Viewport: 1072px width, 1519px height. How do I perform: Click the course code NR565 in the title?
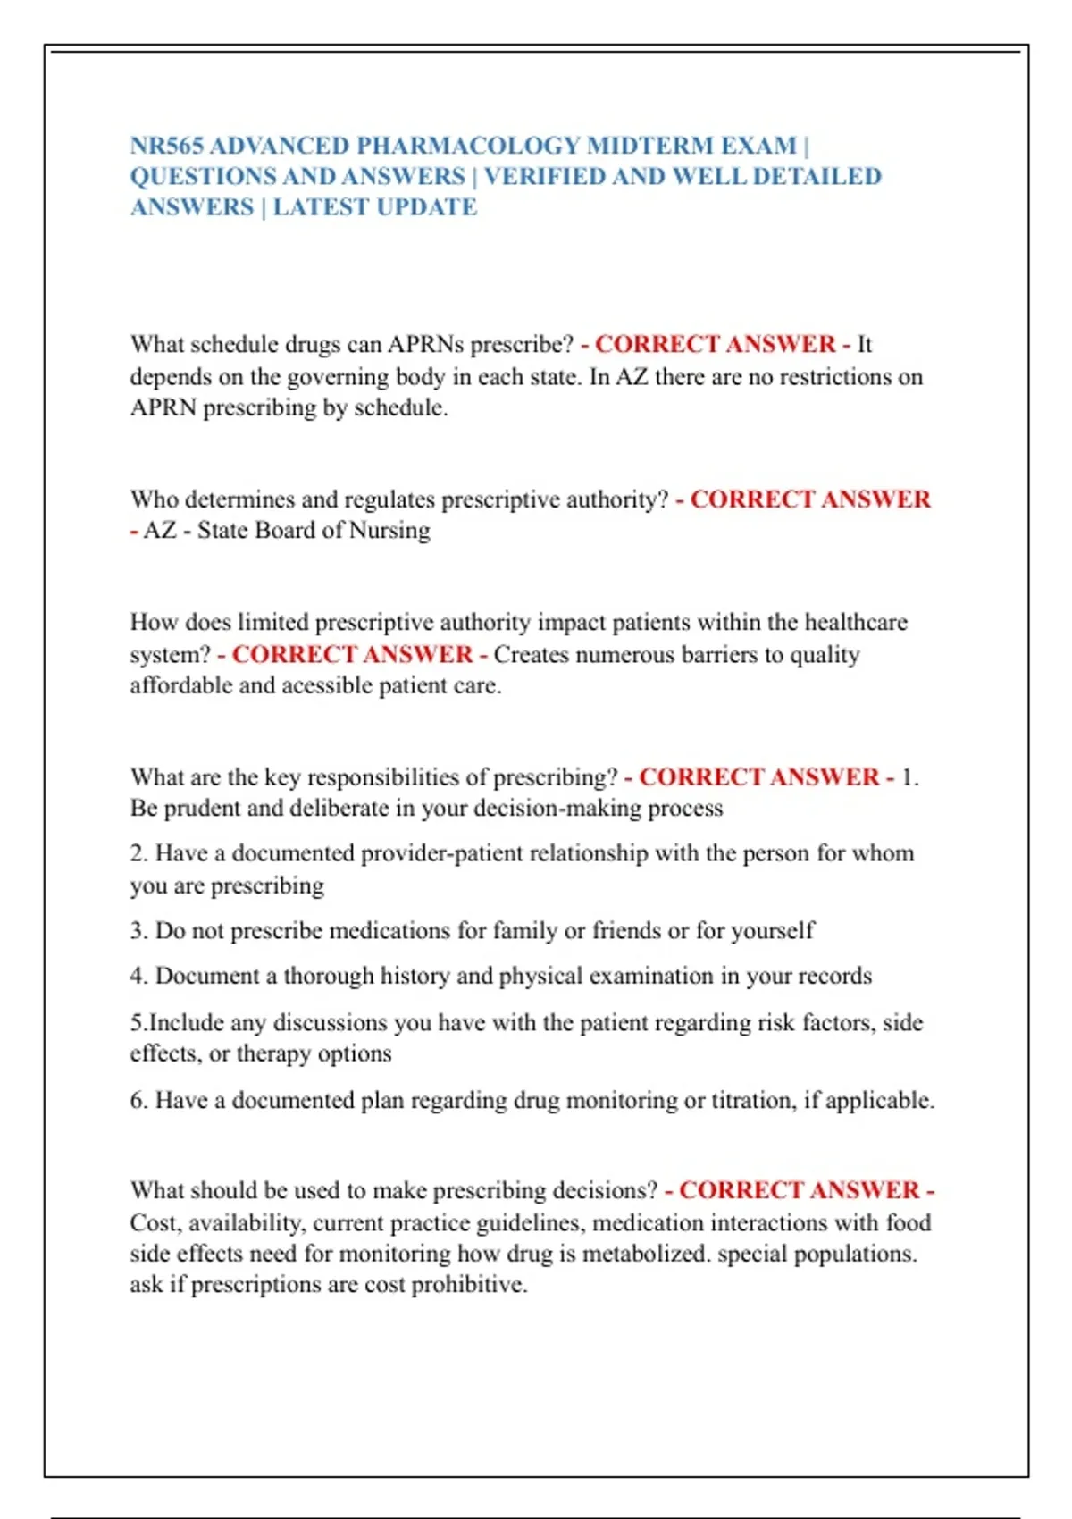pos(166,146)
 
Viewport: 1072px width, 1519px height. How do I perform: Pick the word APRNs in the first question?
pos(425,345)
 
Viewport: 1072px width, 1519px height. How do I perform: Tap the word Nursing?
pos(389,531)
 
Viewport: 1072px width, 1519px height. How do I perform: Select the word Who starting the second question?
pos(154,499)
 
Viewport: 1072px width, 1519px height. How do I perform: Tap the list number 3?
pos(138,931)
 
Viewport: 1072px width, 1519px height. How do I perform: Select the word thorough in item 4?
pos(328,976)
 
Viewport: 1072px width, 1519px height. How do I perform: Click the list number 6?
pos(138,1100)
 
